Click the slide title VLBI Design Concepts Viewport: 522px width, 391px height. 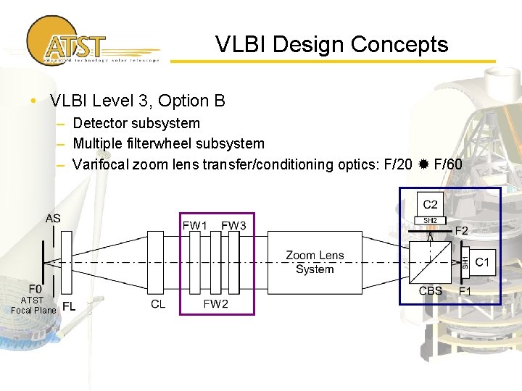coord(331,45)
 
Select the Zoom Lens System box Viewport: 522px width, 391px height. coord(315,262)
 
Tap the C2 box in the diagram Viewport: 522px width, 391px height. coord(431,204)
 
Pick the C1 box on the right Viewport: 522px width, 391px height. coord(483,261)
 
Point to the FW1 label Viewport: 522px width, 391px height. coord(194,226)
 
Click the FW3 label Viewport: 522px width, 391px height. coord(233,226)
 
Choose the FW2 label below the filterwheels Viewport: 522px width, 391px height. coord(215,304)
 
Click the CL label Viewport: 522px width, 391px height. coord(158,304)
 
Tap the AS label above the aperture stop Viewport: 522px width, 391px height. coord(53,219)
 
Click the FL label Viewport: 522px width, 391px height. coord(69,306)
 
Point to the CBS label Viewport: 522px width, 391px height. coord(431,291)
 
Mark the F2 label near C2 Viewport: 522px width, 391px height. coord(462,231)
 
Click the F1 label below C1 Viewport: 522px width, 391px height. coord(465,291)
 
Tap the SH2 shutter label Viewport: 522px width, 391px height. coord(430,220)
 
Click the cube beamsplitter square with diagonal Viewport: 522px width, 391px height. coord(431,261)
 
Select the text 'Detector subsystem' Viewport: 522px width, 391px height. coord(136,124)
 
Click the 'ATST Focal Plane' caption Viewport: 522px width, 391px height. coord(33,305)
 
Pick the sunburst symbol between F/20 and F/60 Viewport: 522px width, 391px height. coord(424,164)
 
